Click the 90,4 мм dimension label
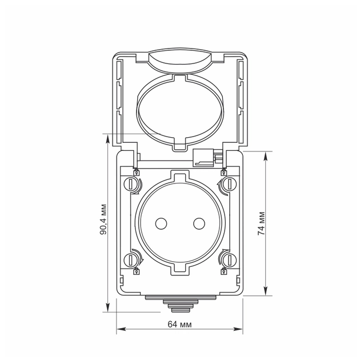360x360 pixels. [x=103, y=219]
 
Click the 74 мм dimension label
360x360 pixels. [x=261, y=223]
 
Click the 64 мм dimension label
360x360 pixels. [x=179, y=325]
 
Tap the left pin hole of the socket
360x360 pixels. [x=161, y=223]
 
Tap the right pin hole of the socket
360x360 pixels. [x=199, y=223]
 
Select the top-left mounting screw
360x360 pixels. [x=130, y=183]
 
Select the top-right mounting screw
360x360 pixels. [x=230, y=183]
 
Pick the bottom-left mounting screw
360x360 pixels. [x=130, y=259]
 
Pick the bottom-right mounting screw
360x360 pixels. [x=230, y=259]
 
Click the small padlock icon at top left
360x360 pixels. [x=137, y=172]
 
